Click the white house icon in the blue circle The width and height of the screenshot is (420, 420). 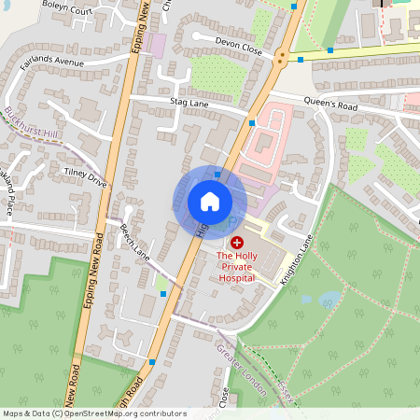210,202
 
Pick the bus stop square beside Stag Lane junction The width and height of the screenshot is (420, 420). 252,121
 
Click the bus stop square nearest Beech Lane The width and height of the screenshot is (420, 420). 164,293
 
